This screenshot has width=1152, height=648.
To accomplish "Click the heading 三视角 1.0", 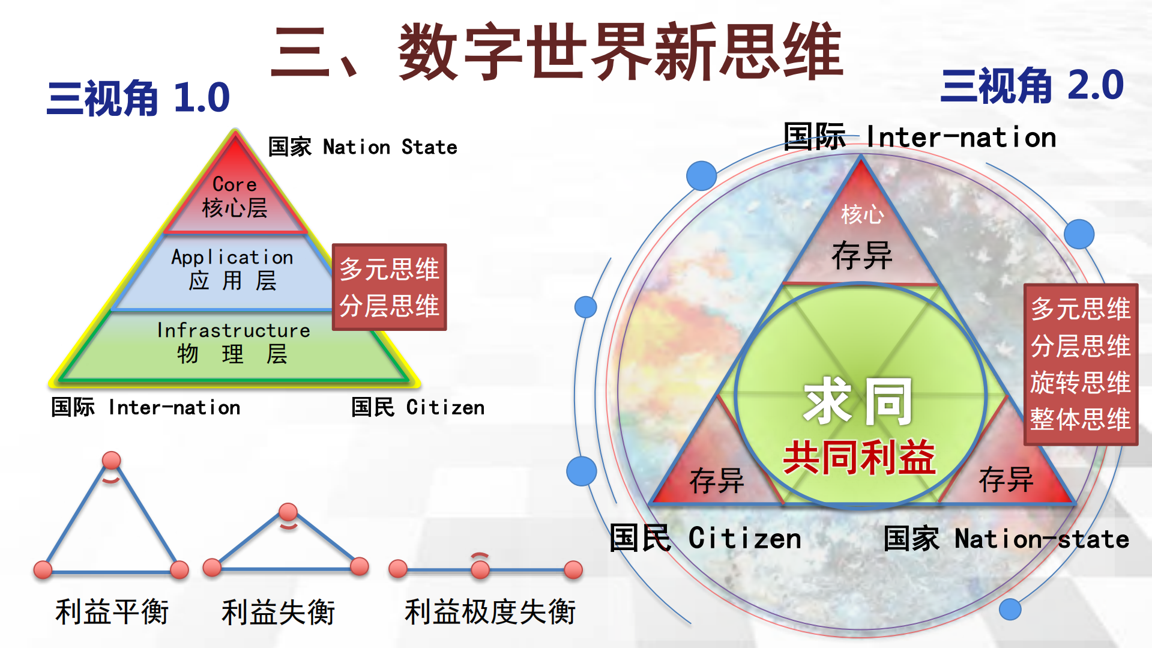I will [x=138, y=98].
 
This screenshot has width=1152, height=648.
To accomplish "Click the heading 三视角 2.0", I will [x=1032, y=85].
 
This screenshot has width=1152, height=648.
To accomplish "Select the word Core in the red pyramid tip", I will [x=234, y=184].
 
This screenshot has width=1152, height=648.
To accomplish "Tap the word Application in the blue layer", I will [x=232, y=257].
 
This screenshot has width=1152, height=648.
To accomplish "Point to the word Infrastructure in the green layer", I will [x=234, y=330].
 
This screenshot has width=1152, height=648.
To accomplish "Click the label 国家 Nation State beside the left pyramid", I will [x=362, y=147].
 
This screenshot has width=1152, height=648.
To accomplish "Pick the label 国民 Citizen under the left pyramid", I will [x=418, y=407].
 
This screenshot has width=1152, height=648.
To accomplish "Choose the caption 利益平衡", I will [x=112, y=612].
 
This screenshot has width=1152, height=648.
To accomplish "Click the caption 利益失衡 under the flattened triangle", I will [x=278, y=612].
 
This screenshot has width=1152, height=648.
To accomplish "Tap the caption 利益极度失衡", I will [x=490, y=612].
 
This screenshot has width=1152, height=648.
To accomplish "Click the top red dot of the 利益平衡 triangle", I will [x=112, y=461].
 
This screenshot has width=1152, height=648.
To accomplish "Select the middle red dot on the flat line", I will [x=480, y=569].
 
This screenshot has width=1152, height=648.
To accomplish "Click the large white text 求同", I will [x=858, y=401].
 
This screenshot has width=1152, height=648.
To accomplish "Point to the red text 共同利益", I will [x=859, y=458].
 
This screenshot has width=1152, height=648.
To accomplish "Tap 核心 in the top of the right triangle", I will [x=863, y=214].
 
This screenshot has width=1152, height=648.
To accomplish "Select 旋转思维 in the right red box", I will [x=1080, y=383].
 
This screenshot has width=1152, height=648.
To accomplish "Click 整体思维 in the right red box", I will [x=1080, y=419].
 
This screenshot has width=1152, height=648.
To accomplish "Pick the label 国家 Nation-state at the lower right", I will [x=1006, y=539].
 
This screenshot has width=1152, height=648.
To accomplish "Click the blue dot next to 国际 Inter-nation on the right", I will [x=701, y=175].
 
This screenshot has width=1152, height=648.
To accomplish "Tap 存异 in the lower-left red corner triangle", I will [x=717, y=481].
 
